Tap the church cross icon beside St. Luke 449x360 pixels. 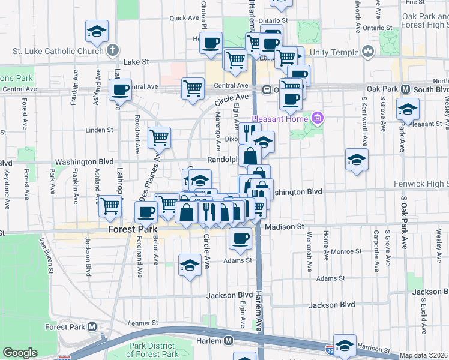[113, 52]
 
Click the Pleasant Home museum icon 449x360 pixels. [318, 118]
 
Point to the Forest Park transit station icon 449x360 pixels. [92, 327]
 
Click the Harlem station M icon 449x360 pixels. [229, 340]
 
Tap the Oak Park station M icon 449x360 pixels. [406, 89]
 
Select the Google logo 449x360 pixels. [20, 353]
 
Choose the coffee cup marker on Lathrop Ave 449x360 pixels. [120, 90]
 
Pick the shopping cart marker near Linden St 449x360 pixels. [160, 138]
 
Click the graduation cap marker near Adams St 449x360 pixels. [190, 265]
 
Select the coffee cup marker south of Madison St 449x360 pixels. [240, 238]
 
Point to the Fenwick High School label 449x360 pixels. [421, 184]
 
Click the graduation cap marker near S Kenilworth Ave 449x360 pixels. [357, 160]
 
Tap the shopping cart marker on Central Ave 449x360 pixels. [193, 89]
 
